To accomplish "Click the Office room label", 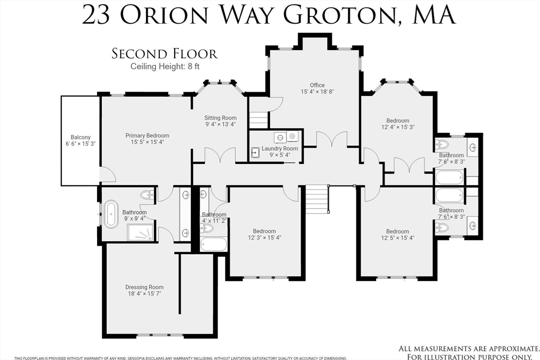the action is point(317,85).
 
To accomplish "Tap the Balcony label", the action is point(81,137).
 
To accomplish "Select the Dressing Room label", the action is point(144,287).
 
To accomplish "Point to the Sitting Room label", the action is point(220,118).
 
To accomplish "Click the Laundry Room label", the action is point(279,148).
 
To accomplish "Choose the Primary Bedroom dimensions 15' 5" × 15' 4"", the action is point(147,142).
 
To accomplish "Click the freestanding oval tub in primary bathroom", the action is point(111,213).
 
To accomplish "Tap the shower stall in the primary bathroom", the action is point(140,232).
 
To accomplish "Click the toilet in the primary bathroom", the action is point(148,195).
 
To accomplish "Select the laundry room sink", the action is point(255,152).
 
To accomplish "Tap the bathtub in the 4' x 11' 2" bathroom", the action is point(214,245).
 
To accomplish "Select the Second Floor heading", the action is point(165,54).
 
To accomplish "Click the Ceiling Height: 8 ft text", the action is point(165,66).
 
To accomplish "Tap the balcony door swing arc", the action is point(110,173).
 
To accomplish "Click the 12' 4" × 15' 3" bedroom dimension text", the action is point(398,127).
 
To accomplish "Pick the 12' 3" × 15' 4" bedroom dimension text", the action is point(265,238).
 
